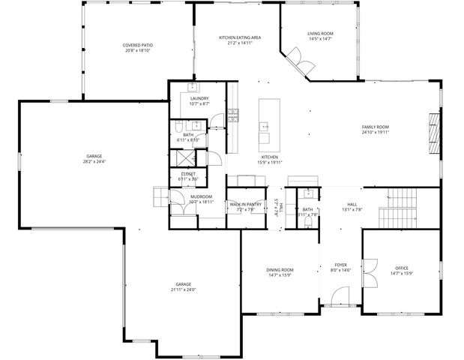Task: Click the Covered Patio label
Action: click(x=138, y=46)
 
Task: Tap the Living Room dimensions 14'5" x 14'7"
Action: click(x=320, y=39)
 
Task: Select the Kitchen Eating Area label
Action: click(x=239, y=37)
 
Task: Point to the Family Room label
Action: click(x=376, y=127)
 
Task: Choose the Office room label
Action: click(x=402, y=268)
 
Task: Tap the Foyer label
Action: click(x=340, y=265)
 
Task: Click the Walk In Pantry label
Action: click(x=245, y=204)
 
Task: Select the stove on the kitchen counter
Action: click(x=234, y=115)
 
